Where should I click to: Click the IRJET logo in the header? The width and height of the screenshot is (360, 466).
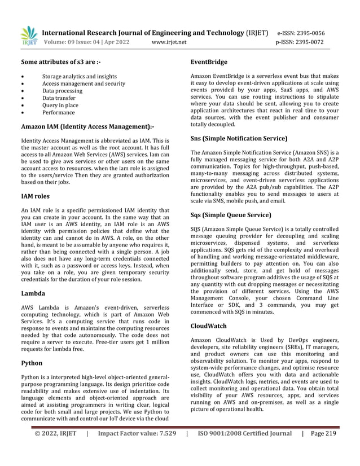pos(29,35)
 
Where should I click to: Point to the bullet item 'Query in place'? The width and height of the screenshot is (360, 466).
pos(60,105)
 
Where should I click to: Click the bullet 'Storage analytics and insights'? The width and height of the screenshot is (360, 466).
pos(80,76)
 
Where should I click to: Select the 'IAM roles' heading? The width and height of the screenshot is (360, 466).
pos(35,196)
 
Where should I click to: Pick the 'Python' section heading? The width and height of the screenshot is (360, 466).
pos(32,363)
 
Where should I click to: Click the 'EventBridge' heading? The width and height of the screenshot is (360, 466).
pos(209,61)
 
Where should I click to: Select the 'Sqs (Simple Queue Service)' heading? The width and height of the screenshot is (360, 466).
pos(231,215)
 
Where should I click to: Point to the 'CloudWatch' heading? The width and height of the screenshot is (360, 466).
pos(208,326)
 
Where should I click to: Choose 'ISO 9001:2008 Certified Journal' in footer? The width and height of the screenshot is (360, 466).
pos(245,450)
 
